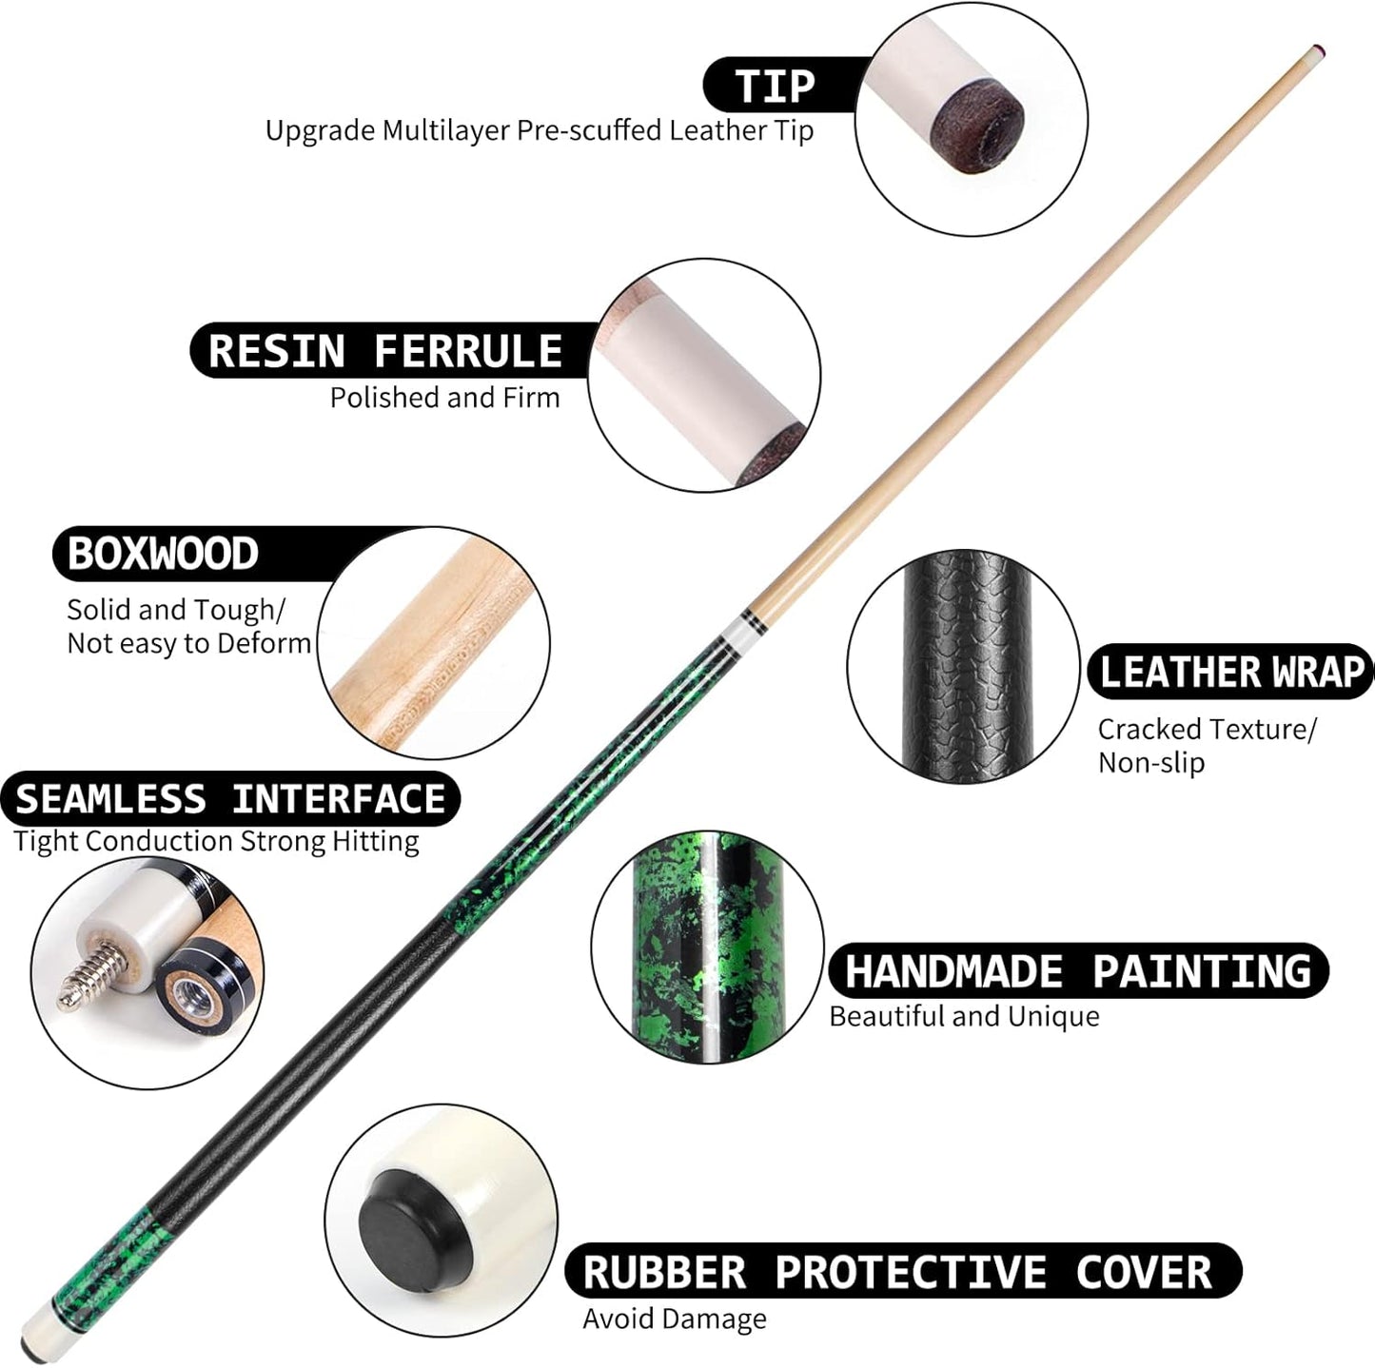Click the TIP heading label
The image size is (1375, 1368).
pos(775,87)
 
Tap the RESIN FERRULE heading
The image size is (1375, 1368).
pos(385,351)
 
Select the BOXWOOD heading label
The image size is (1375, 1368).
pos(163,554)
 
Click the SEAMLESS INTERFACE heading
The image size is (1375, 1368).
pos(230,799)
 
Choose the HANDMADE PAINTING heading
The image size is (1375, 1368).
pos(1078,971)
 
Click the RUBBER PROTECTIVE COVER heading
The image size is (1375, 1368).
pos(897,1272)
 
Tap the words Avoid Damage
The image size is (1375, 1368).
pos(675,1319)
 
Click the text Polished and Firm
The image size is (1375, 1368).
pos(444,398)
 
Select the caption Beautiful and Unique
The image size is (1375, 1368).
pos(964,1017)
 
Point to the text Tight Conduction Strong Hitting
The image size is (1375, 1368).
pos(216,842)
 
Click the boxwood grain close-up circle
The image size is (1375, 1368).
pos(434,643)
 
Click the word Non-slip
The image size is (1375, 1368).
pos(1151,763)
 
